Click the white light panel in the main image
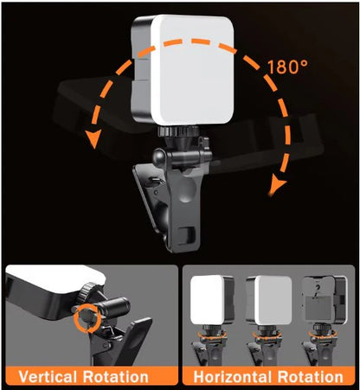click(x=182, y=67)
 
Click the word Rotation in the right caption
click(x=312, y=377)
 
